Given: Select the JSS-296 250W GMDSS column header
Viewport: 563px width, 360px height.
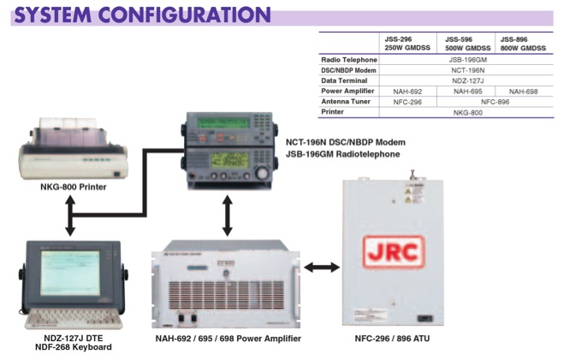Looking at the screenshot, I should click(x=406, y=44).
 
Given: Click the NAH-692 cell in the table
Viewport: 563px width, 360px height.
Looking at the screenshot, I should click(x=406, y=90).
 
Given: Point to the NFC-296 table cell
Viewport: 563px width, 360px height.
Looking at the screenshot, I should click(x=406, y=101).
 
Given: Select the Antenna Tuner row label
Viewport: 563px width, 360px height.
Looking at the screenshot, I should click(x=347, y=101).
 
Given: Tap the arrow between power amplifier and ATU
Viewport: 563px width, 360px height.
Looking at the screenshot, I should click(x=323, y=268).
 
